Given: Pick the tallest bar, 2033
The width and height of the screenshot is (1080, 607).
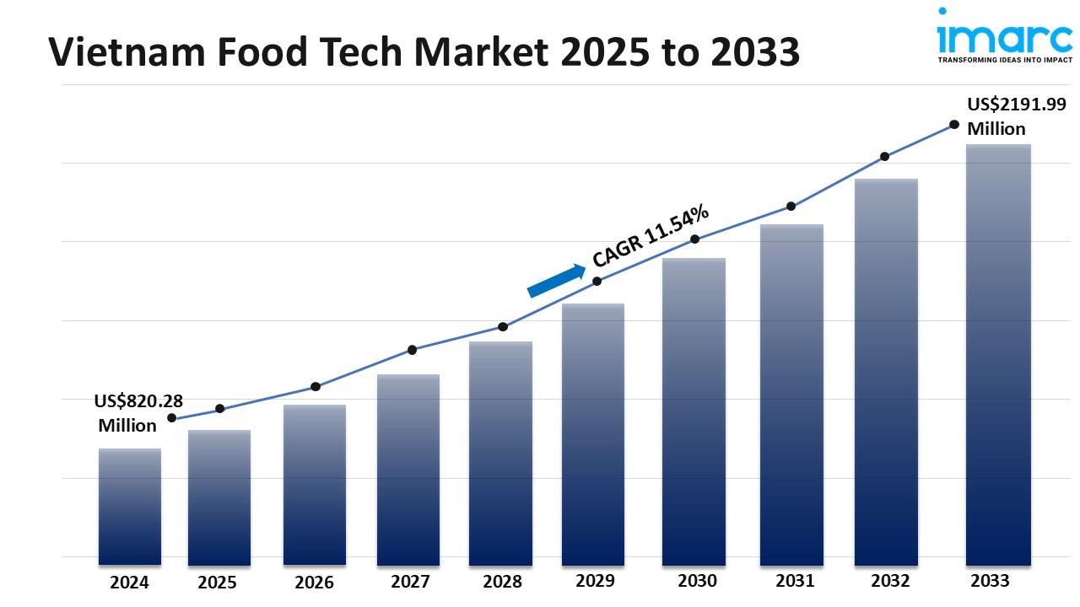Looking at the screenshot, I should tap(998, 354).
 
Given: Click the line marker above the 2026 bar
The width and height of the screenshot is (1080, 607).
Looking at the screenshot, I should tap(316, 387).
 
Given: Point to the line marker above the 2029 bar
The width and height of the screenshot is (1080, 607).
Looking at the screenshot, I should tap(597, 282).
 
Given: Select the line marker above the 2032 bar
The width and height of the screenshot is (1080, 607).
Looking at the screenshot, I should tap(884, 157).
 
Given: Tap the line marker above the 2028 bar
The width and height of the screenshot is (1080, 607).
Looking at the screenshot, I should tap(503, 327).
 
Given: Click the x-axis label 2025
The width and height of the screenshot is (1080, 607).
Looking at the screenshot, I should tap(218, 583).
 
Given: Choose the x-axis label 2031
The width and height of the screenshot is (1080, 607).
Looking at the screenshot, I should tap(795, 581).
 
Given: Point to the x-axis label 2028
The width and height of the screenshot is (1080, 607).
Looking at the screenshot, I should tap(502, 582).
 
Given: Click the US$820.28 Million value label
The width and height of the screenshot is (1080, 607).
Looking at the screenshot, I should tap(138, 413).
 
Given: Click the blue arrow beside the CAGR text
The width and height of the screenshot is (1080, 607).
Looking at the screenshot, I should tap(556, 281).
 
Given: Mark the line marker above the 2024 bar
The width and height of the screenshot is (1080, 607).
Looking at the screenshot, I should tap(172, 418).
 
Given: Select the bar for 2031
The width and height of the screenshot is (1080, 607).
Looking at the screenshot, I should tap(791, 394).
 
